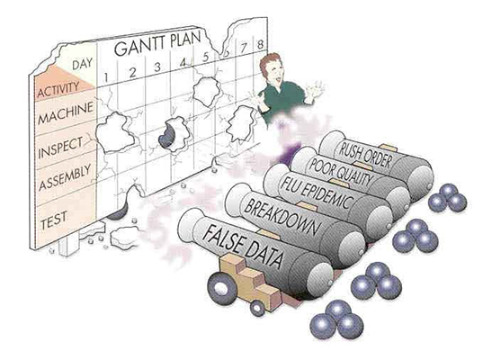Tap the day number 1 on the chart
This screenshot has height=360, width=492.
106,76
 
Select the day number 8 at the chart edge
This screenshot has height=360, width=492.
260,45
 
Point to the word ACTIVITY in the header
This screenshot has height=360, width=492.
58,89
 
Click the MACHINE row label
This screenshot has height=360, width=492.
66,112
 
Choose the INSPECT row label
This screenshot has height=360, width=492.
60,148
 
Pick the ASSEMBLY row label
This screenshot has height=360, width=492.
65,177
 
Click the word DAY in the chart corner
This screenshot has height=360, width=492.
83,64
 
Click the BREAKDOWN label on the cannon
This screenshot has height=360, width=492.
281,218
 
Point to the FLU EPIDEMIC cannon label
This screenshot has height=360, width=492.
316,192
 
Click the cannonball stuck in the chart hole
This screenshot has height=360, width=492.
166,135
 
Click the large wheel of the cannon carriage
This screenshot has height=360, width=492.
222,288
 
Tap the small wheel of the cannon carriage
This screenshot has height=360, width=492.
257,308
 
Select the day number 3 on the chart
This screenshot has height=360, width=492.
157,67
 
